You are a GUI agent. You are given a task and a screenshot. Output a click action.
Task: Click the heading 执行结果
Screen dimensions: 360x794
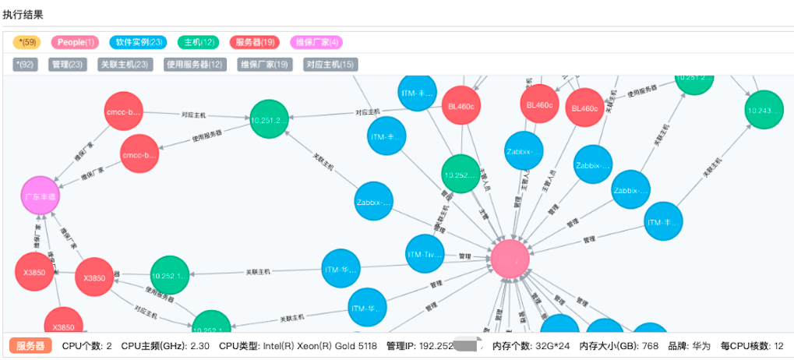(x=23, y=15)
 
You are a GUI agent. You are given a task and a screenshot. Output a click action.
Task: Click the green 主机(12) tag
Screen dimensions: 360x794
(x=199, y=42)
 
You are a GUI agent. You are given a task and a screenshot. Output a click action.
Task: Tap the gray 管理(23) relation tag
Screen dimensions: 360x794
(x=67, y=65)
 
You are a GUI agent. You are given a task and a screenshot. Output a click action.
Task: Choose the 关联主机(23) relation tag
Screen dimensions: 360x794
(x=124, y=65)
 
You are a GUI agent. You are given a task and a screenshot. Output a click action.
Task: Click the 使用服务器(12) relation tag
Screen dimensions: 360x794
(x=194, y=65)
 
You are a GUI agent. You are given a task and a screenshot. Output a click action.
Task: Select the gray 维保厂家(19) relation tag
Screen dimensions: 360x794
(x=264, y=65)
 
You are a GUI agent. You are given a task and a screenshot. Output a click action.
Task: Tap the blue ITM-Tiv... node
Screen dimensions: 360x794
(x=425, y=255)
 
